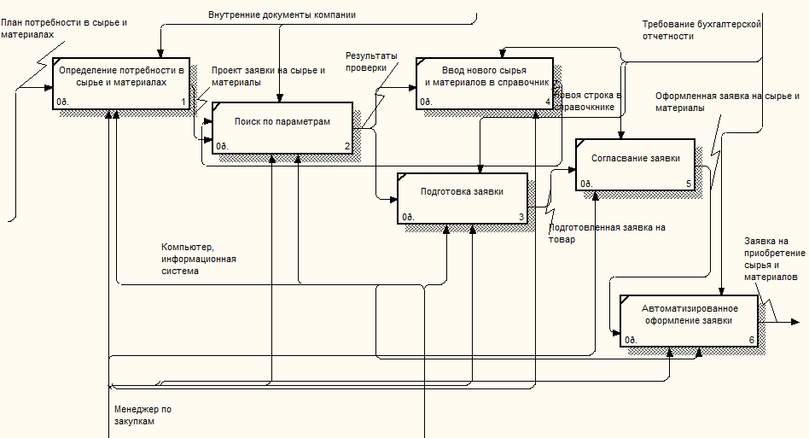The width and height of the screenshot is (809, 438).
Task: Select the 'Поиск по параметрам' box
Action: coord(282,127)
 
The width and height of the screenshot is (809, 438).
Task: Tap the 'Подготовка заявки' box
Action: coord(462,197)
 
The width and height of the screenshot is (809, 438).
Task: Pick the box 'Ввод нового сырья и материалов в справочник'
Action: coord(484,83)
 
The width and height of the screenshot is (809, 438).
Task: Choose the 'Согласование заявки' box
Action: coord(635,164)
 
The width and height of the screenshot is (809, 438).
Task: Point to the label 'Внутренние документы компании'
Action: coord(282,15)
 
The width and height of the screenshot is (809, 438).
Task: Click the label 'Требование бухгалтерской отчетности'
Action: coord(701,30)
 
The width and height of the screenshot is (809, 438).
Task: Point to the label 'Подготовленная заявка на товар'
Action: coord(606,233)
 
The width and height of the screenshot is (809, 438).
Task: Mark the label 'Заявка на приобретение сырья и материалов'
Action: coord(774,259)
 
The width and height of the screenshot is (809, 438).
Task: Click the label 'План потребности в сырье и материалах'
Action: coord(63,28)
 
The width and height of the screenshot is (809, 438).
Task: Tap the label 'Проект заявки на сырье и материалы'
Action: coord(267,76)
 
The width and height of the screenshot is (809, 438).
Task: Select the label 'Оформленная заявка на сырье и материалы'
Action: coord(728,102)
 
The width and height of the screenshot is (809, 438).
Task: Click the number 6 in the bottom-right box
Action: coord(752,341)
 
